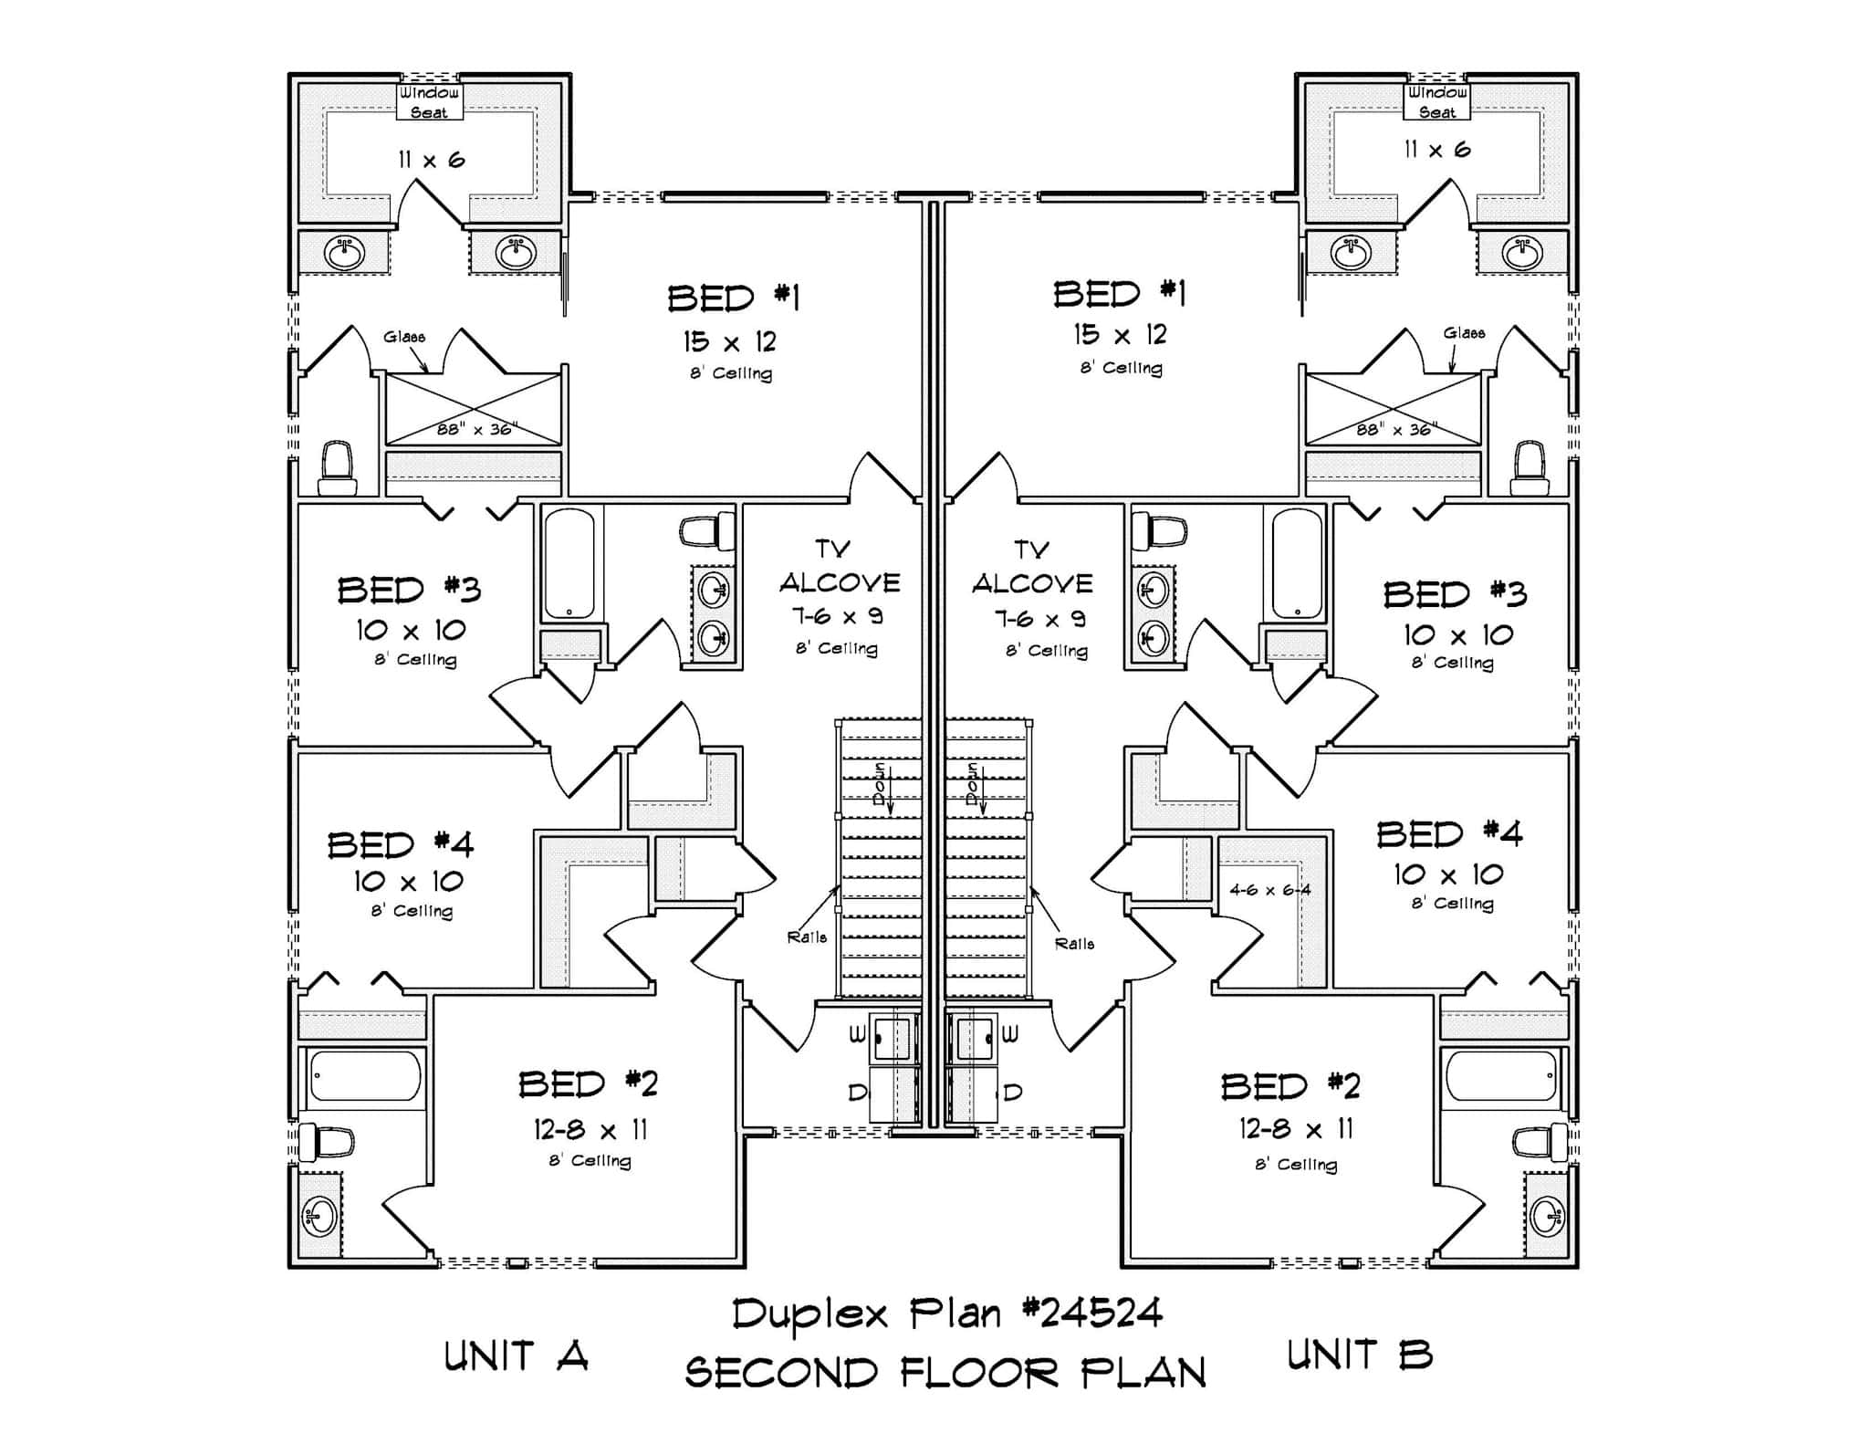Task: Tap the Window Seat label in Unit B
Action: click(x=1436, y=102)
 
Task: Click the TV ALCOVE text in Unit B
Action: click(x=1031, y=568)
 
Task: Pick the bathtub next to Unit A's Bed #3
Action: click(x=569, y=563)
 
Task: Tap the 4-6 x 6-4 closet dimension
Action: click(x=1269, y=889)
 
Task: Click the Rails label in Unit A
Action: click(x=807, y=937)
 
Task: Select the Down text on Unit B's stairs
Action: click(x=974, y=783)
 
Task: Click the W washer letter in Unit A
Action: click(x=857, y=1034)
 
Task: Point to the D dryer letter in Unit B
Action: click(x=1013, y=1092)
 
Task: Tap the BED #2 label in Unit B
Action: click(x=1290, y=1086)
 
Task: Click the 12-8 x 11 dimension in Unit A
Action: click(x=590, y=1130)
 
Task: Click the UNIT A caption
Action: click(x=516, y=1357)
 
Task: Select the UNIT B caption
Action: click(x=1359, y=1355)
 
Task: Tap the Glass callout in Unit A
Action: click(x=403, y=337)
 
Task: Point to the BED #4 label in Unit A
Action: click(x=401, y=844)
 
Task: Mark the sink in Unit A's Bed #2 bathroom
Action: click(x=319, y=1217)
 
